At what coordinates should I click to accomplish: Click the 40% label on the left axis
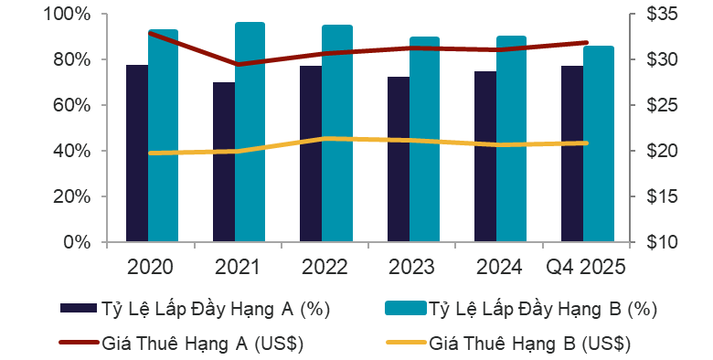(70, 151)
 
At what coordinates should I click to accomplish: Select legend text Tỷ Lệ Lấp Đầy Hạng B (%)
(543, 309)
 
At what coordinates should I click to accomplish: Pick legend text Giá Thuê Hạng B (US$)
(530, 344)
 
